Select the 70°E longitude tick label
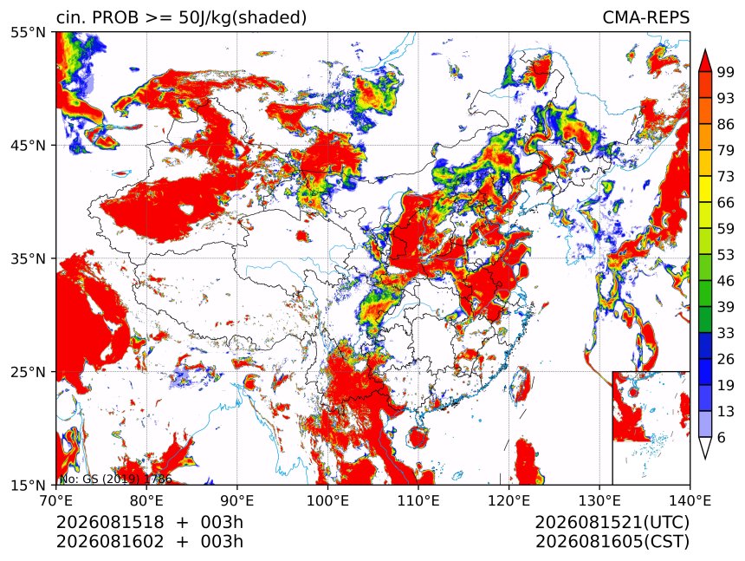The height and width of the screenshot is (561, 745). click(x=56, y=500)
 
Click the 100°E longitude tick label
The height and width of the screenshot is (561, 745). click(x=327, y=500)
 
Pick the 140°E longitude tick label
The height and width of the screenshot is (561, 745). click(x=690, y=500)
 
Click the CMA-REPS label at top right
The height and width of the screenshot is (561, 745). click(x=645, y=17)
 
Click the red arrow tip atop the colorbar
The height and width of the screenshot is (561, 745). click(x=705, y=49)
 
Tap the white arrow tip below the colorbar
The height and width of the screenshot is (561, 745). click(x=705, y=459)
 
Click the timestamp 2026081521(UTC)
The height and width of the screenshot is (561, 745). click(x=612, y=523)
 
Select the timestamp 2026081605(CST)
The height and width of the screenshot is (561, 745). click(x=612, y=542)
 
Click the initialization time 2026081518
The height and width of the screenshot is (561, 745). click(x=110, y=523)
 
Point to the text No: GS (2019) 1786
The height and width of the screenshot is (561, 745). click(x=115, y=479)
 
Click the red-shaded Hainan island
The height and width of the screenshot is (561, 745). click(x=418, y=437)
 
